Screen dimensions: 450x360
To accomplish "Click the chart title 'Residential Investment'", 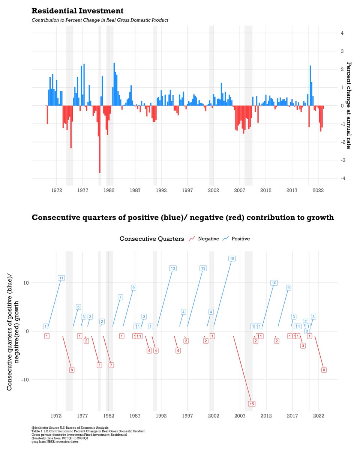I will click(77, 10).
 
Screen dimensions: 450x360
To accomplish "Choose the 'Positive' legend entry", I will click(240, 238).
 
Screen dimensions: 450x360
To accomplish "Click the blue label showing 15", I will click(232, 259).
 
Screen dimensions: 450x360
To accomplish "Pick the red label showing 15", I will click(252, 404).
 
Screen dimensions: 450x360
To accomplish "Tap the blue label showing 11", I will click(61, 278).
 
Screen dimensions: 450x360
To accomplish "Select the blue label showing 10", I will click(274, 283).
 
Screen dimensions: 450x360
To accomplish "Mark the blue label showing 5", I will click(78, 307).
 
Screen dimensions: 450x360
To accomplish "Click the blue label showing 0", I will click(307, 331).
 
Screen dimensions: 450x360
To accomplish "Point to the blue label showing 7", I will click(120, 297).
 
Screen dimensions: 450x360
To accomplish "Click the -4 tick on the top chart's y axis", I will click(342, 178).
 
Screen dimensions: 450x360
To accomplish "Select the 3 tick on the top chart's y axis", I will click(342, 51).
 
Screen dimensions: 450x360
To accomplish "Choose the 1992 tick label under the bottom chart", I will click(161, 416).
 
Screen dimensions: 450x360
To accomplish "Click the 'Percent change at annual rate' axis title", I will click(348, 105).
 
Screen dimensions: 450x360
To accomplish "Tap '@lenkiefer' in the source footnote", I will click(42, 427).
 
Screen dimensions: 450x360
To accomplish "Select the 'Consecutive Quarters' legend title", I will click(152, 238).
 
